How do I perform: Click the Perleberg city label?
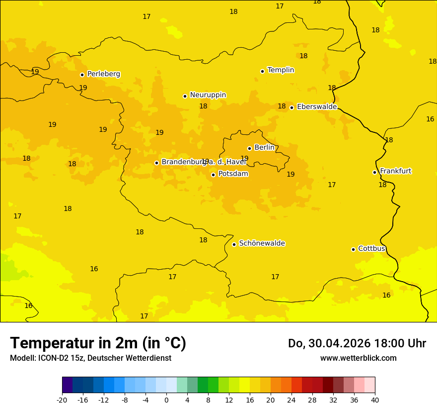pos(103,74)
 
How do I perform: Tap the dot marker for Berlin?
pos(249,148)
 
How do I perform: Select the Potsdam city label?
pos(233,174)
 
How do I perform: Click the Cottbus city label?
pos(371,249)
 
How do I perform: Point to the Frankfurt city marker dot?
pos(374,172)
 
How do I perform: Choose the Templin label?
pos(281,70)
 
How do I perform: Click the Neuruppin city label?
pos(208,95)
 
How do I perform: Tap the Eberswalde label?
pos(316,107)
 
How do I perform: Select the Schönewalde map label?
pos(262,244)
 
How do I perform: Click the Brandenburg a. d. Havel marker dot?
pos(156,163)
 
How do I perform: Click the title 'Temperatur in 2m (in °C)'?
pos(98,343)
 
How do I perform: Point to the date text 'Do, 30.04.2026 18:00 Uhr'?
pos(357,343)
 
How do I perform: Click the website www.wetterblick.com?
pos(358,358)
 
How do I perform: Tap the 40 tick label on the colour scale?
pos(375,400)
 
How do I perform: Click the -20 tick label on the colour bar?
pos(62,400)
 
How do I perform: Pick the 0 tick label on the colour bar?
pos(166,400)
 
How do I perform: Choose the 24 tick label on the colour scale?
pos(291,400)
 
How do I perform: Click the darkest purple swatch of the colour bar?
pos(67,385)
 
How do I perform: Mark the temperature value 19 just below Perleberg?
pos(83,88)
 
